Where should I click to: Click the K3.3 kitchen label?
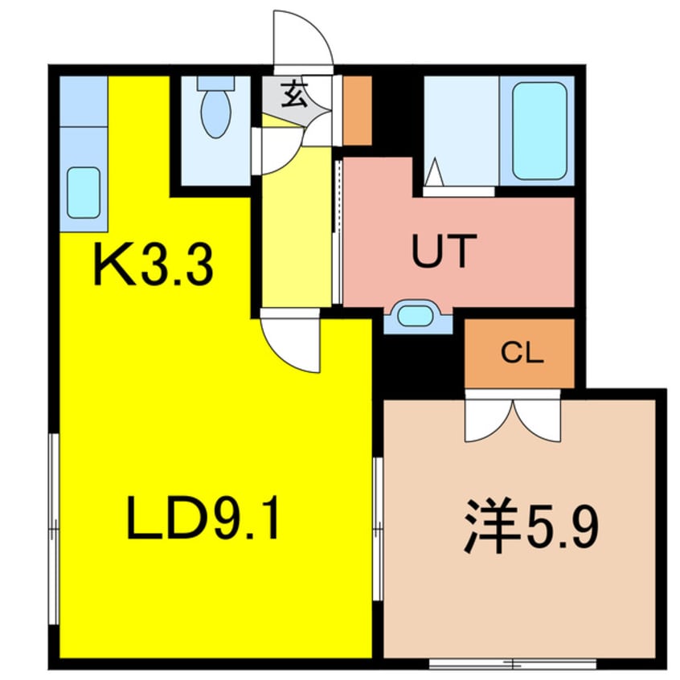tap(153, 266)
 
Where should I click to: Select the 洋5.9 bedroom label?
tap(530, 527)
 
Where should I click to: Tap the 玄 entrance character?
tap(294, 96)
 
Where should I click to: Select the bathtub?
tap(539, 130)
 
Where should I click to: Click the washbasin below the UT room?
tap(416, 314)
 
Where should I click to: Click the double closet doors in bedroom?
tap(514, 416)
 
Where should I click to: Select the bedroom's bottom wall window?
tap(512, 664)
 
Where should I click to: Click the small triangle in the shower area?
tap(434, 172)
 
